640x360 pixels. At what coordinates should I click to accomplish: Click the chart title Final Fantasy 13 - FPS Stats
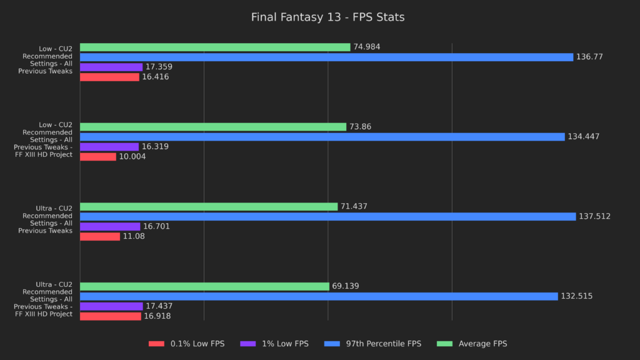tap(327, 17)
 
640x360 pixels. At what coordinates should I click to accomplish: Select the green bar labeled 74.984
tap(215, 47)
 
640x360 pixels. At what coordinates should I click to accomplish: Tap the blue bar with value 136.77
tap(326, 57)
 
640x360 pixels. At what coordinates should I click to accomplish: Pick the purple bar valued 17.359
tap(111, 67)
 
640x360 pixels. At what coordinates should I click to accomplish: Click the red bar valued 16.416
tap(109, 77)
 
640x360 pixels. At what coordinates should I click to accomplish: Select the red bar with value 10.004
tap(98, 157)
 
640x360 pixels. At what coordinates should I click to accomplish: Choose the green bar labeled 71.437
tap(209, 206)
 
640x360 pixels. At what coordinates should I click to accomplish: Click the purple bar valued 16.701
tap(110, 226)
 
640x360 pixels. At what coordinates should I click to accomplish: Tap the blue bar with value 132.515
tap(319, 296)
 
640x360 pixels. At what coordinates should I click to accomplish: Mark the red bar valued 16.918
tap(111, 316)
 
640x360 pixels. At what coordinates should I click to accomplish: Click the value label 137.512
tap(594, 216)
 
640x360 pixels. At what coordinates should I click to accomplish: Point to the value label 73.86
tap(361, 127)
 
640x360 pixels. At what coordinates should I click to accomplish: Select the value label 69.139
tap(346, 286)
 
